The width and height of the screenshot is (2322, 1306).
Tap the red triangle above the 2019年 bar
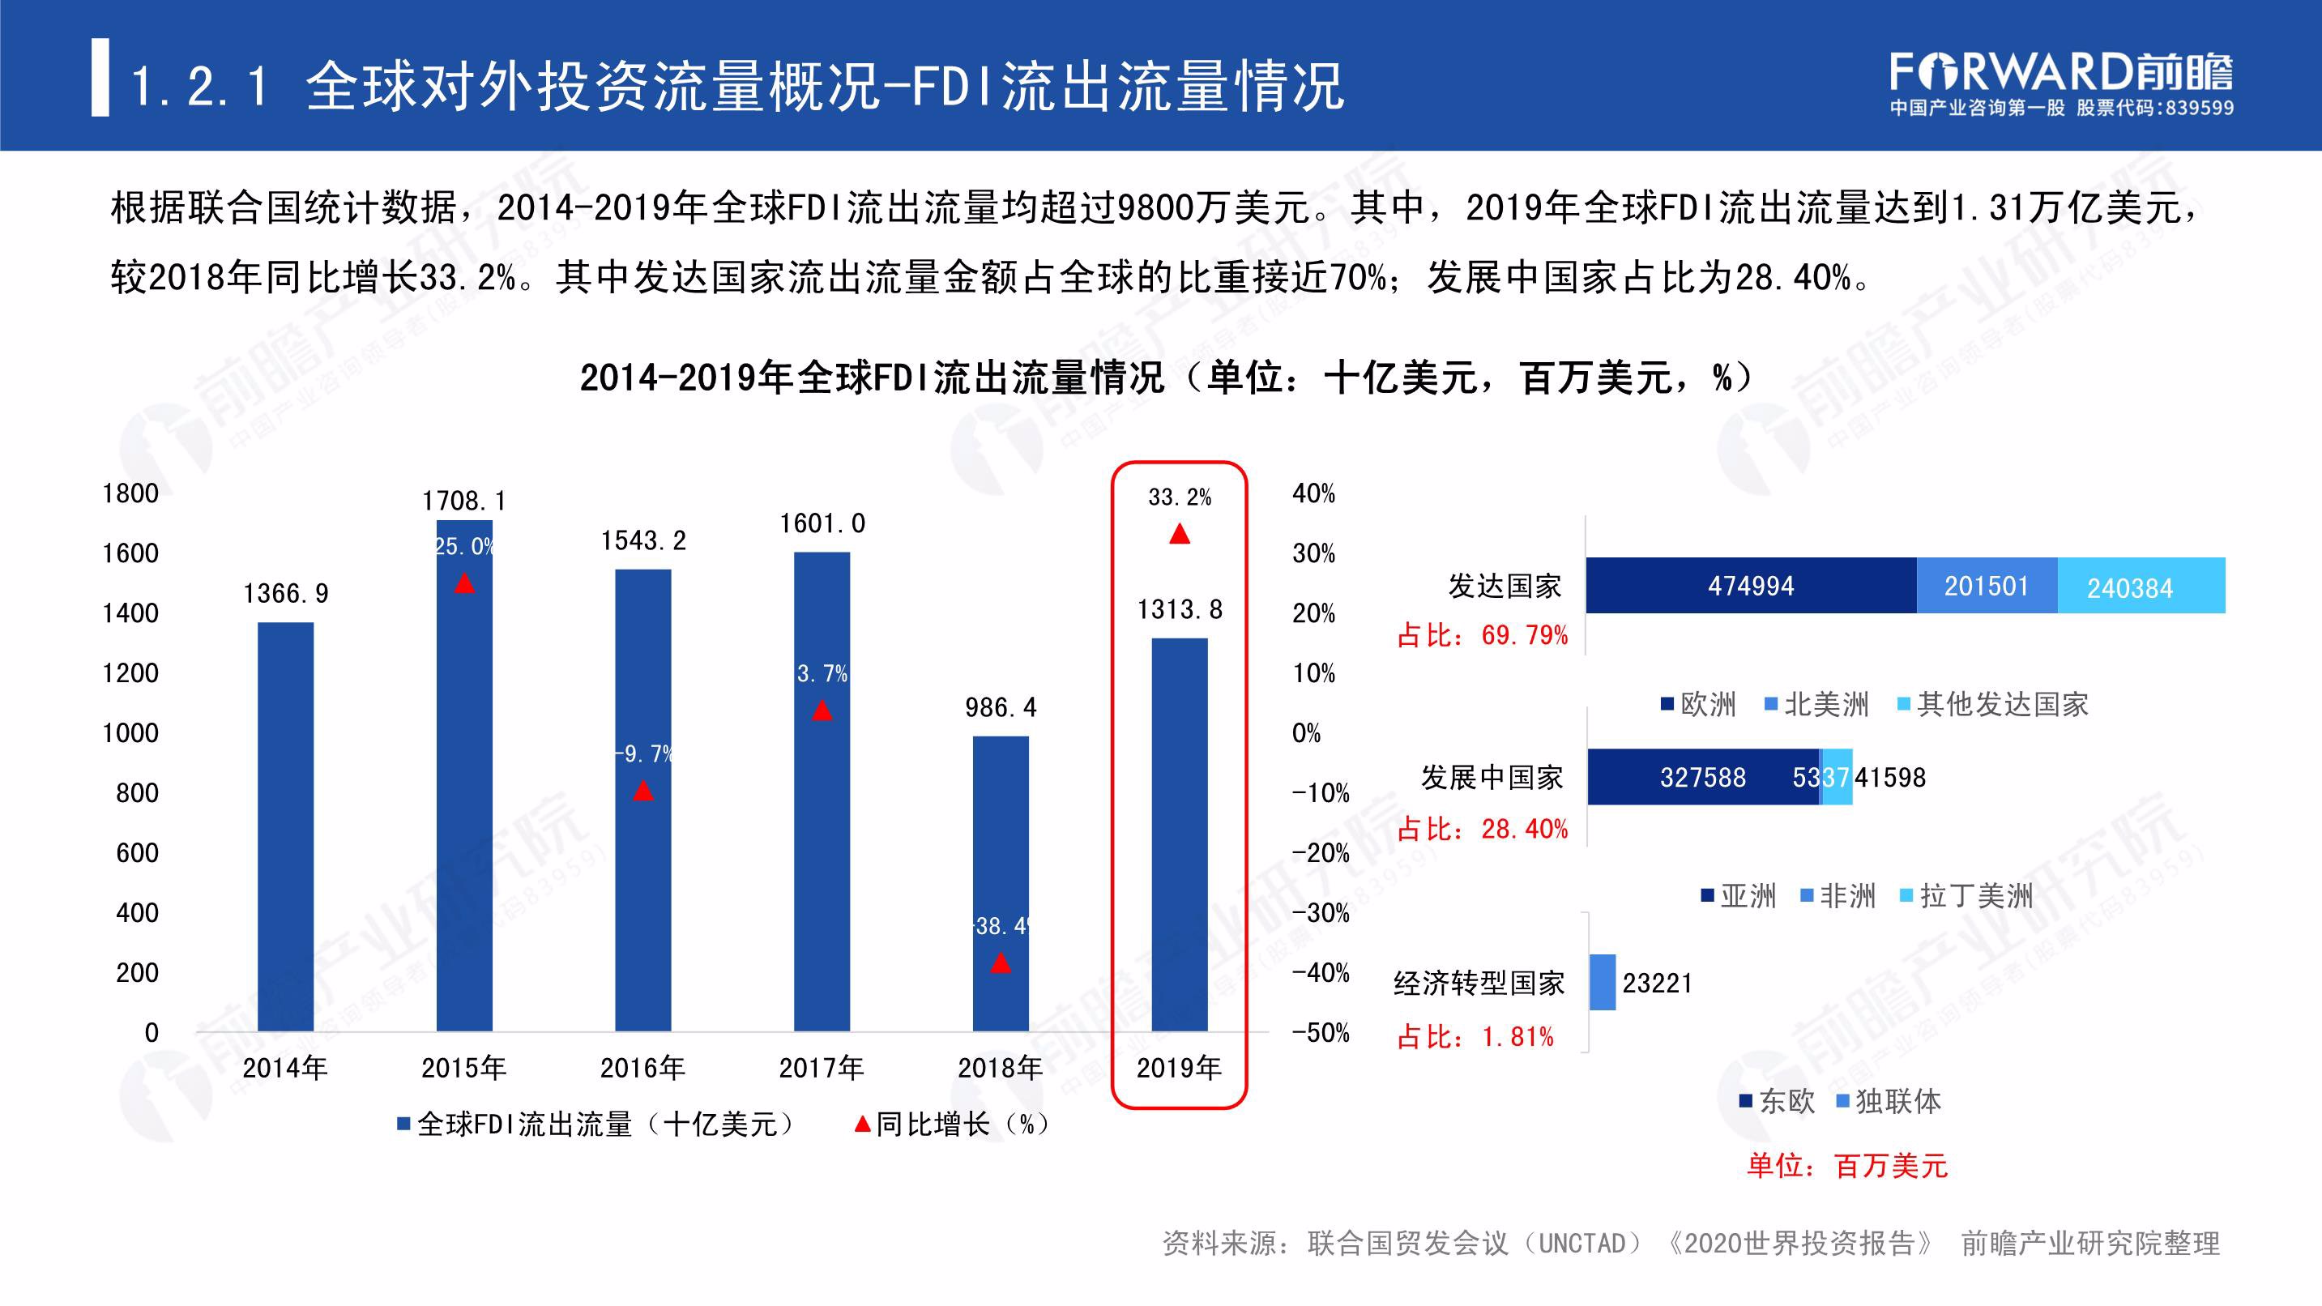pos(1179,535)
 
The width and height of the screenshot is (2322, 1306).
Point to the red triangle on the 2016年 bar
pos(642,791)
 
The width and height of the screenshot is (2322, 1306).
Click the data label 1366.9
pos(286,593)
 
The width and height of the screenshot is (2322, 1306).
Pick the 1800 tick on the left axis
pos(130,493)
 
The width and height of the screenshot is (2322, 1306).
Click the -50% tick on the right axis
pos(1321,1032)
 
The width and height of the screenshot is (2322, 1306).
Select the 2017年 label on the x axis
pos(822,1068)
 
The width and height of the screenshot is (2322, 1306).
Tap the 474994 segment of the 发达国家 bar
pos(1751,586)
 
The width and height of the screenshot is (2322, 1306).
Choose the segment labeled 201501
pos(1987,586)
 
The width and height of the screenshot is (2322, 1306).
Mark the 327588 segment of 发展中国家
pos(1703,777)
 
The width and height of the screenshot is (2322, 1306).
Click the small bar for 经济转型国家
pos(1602,983)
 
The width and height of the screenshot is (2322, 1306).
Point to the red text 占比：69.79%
pos(1483,635)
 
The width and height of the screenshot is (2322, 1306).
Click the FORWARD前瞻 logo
pos(2060,73)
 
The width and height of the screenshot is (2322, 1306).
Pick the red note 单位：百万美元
pos(1847,1165)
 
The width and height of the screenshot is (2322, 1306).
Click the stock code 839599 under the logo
pos(2199,108)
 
